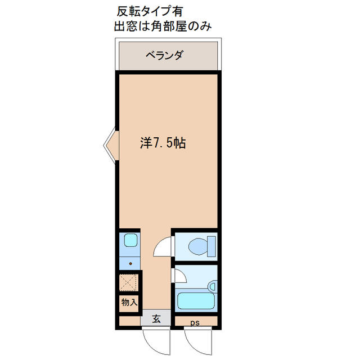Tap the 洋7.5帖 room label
pos(163,143)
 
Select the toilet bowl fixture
pos(197,246)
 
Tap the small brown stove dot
pos(131,262)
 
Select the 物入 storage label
pos(129,303)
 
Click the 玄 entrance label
pos(156,319)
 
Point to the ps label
pos(194,323)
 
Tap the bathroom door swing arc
pos(179,276)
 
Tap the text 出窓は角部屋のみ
pos(163,26)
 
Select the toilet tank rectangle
pos(211,245)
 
